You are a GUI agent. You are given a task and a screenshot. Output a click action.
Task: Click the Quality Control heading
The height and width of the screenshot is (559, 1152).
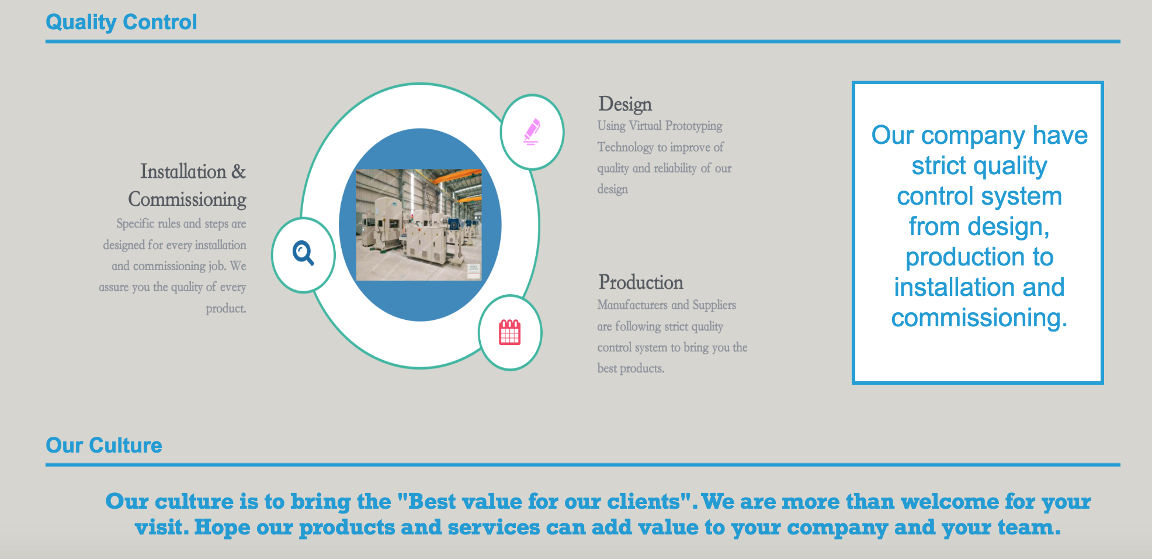(122, 22)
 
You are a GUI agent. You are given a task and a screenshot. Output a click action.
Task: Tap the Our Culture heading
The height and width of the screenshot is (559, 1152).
(104, 446)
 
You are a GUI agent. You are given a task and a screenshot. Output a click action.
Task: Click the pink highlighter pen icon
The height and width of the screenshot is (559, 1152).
(532, 132)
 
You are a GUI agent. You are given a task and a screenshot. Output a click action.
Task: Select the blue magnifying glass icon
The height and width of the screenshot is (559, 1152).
(303, 253)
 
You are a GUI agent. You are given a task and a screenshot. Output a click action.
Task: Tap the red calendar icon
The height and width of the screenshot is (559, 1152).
(509, 332)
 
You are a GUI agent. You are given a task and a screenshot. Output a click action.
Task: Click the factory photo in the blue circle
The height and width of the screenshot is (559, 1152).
(419, 225)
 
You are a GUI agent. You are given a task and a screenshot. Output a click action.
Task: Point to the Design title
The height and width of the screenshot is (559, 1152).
(625, 105)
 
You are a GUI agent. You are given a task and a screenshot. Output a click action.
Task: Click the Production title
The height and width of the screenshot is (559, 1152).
(641, 282)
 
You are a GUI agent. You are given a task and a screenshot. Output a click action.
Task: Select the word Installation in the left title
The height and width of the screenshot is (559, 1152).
(183, 171)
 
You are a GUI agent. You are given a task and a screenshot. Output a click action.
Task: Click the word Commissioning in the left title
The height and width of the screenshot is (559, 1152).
(188, 199)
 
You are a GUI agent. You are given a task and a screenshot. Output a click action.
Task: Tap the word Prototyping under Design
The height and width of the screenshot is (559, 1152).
(694, 126)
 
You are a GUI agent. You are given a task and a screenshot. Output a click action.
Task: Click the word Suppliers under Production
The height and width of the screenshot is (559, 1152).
(714, 305)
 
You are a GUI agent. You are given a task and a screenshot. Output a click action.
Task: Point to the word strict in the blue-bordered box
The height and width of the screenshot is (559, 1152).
(939, 166)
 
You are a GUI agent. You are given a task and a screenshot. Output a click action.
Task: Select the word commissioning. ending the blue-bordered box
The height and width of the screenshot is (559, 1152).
(979, 318)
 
